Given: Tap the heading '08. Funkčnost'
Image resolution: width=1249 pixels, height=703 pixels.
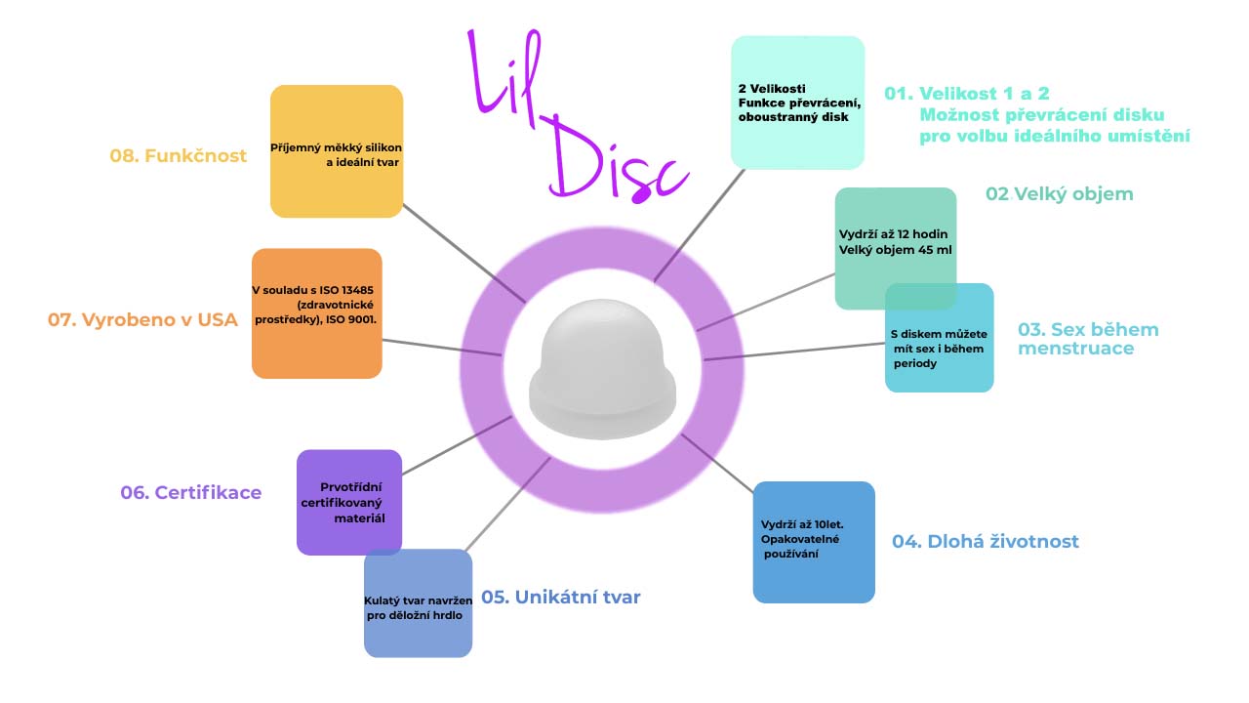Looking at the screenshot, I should pyautogui.click(x=178, y=156).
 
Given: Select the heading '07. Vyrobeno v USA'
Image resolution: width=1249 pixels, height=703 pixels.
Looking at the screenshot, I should pyautogui.click(x=142, y=319).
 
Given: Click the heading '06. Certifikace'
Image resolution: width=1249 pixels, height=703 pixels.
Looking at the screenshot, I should pyautogui.click(x=191, y=493).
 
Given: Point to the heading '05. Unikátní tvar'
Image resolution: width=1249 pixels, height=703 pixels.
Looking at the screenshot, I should pyautogui.click(x=561, y=597).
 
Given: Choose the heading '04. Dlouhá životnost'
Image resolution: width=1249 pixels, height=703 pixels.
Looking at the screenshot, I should pyautogui.click(x=986, y=541).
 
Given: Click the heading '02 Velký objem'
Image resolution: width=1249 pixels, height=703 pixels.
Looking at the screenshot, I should pyautogui.click(x=1060, y=193).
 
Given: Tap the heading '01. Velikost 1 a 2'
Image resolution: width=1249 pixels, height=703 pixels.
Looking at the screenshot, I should pyautogui.click(x=967, y=94).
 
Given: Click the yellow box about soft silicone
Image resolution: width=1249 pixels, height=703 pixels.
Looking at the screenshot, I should pyautogui.click(x=337, y=151).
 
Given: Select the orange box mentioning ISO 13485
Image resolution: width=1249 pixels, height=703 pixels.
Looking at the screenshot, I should pyautogui.click(x=317, y=313).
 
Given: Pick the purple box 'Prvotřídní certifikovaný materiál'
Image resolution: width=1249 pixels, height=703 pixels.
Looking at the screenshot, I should pyautogui.click(x=348, y=502).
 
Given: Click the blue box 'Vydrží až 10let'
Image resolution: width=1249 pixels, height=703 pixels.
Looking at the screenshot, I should pyautogui.click(x=814, y=542).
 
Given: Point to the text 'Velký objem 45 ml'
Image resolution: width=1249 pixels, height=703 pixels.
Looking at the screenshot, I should pyautogui.click(x=896, y=250).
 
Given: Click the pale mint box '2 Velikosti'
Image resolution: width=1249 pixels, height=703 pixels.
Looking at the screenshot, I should pyautogui.click(x=797, y=103).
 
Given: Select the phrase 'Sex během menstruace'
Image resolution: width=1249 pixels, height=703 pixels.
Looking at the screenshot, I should pyautogui.click(x=1087, y=338).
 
